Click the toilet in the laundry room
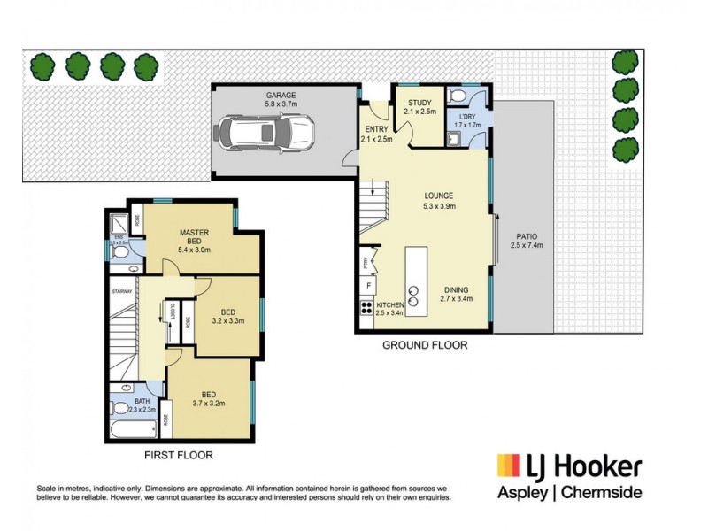(x=457, y=96)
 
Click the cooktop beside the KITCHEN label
(x=365, y=309)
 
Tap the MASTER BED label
(x=194, y=238)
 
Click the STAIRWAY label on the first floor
(x=121, y=291)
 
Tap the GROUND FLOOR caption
(x=424, y=345)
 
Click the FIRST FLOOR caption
(x=178, y=456)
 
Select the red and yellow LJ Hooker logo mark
(x=508, y=466)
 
